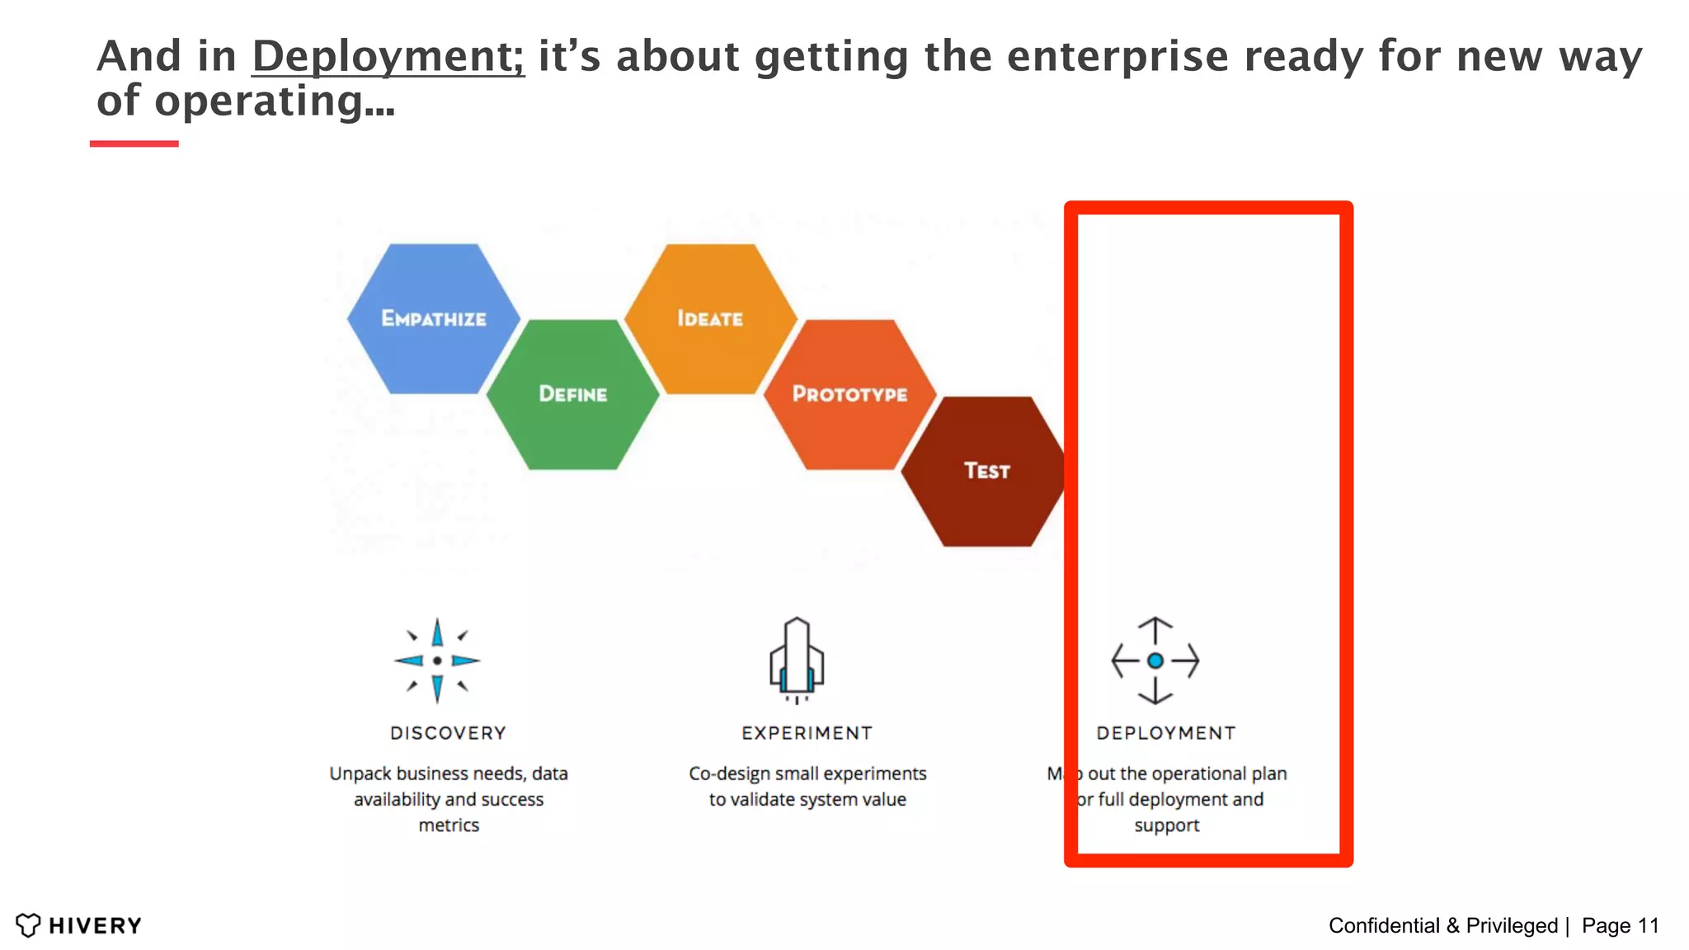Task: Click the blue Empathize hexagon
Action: point(434,318)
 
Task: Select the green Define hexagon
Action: point(573,394)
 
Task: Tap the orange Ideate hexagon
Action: point(710,318)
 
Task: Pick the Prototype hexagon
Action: point(850,394)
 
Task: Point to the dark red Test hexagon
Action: point(986,471)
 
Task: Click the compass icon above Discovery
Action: point(437,661)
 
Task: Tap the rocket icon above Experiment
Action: point(797,660)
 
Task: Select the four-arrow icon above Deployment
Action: point(1155,661)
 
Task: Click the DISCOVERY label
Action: point(449,733)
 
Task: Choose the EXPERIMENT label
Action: point(807,733)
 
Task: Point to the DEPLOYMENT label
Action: point(1166,733)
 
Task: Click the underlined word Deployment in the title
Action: point(388,58)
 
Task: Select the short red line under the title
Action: point(134,143)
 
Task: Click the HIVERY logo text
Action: point(95,926)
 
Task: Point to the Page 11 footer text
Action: point(1620,926)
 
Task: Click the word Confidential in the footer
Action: point(1385,926)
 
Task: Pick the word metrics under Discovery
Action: point(449,825)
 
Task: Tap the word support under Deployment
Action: point(1166,825)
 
